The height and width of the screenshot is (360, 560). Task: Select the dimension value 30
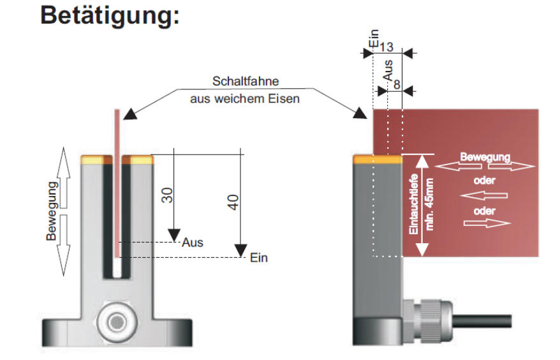(168, 195)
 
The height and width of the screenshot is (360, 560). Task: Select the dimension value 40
(233, 204)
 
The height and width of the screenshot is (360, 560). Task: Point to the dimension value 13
(386, 47)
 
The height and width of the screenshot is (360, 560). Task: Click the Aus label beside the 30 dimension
(192, 243)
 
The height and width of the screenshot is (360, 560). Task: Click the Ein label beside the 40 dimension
(258, 259)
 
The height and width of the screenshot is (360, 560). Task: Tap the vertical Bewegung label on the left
(52, 210)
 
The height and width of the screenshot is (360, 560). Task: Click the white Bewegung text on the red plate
(486, 156)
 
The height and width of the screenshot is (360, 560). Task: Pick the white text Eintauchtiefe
(414, 206)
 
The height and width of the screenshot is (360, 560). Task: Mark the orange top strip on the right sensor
(377, 160)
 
